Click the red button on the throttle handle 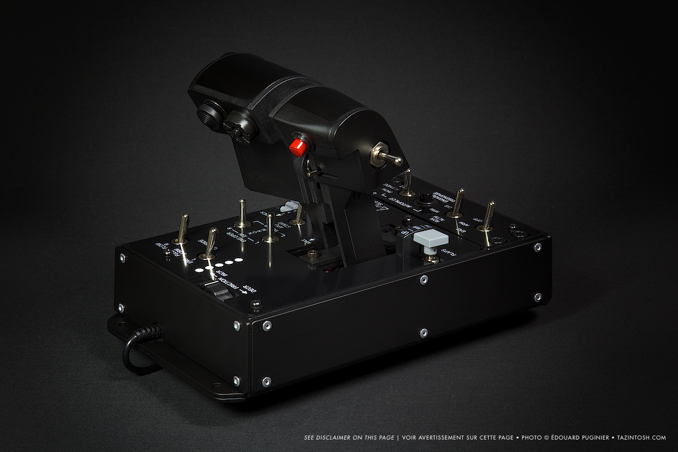pos(297,147)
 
